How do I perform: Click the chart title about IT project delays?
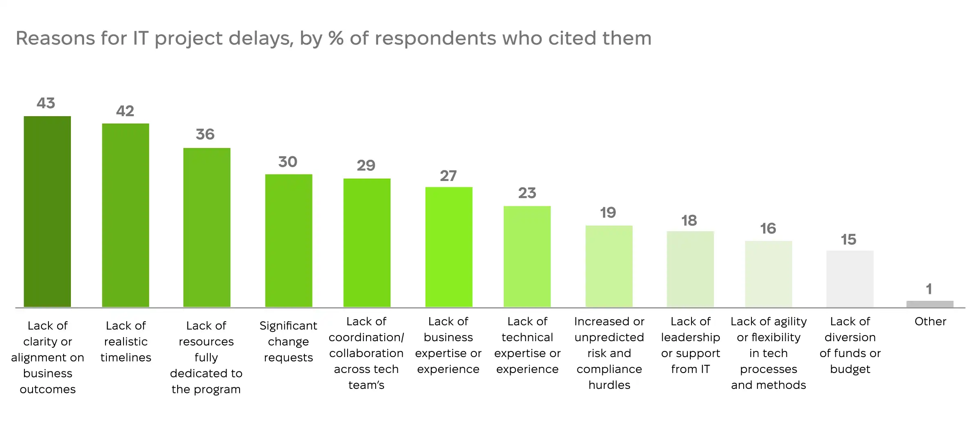(333, 39)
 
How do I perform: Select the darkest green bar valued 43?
(47, 212)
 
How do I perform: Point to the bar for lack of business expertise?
(449, 247)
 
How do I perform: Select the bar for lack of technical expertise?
(527, 256)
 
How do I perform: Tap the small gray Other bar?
(930, 304)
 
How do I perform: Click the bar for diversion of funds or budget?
(850, 279)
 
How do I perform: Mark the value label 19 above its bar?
(608, 212)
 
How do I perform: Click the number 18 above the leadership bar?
(689, 221)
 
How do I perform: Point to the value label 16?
(768, 228)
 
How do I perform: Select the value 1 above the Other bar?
(929, 289)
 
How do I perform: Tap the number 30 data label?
(288, 162)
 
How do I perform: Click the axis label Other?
(930, 322)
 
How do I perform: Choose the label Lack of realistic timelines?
(126, 342)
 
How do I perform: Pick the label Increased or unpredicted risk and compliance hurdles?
(609, 353)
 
